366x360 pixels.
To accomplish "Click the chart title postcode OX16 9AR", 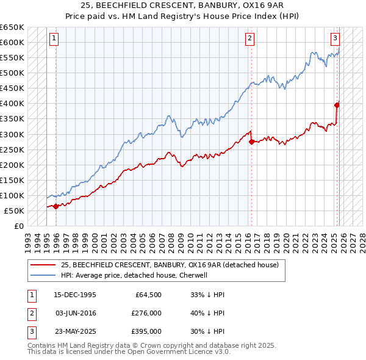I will pyautogui.click(x=243, y=5).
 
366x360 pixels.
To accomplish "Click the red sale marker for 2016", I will pyautogui.click(x=251, y=142).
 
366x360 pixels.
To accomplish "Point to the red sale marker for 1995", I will pyautogui.click(x=56, y=206).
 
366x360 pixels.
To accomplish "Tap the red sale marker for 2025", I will pyautogui.click(x=337, y=105).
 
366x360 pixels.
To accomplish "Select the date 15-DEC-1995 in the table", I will pyautogui.click(x=76, y=295).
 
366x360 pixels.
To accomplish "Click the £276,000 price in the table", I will pyautogui.click(x=146, y=313).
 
